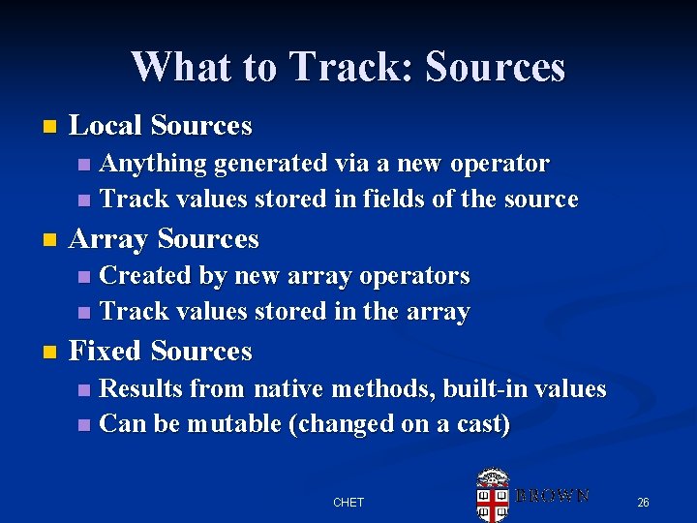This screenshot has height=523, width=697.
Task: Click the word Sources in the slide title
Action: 495,67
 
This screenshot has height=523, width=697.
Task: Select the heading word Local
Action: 106,126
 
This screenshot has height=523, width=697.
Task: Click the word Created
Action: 146,276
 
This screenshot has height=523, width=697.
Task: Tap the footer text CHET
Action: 348,503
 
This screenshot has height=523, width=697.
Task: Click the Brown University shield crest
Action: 493,494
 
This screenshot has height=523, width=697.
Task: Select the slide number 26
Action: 643,503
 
